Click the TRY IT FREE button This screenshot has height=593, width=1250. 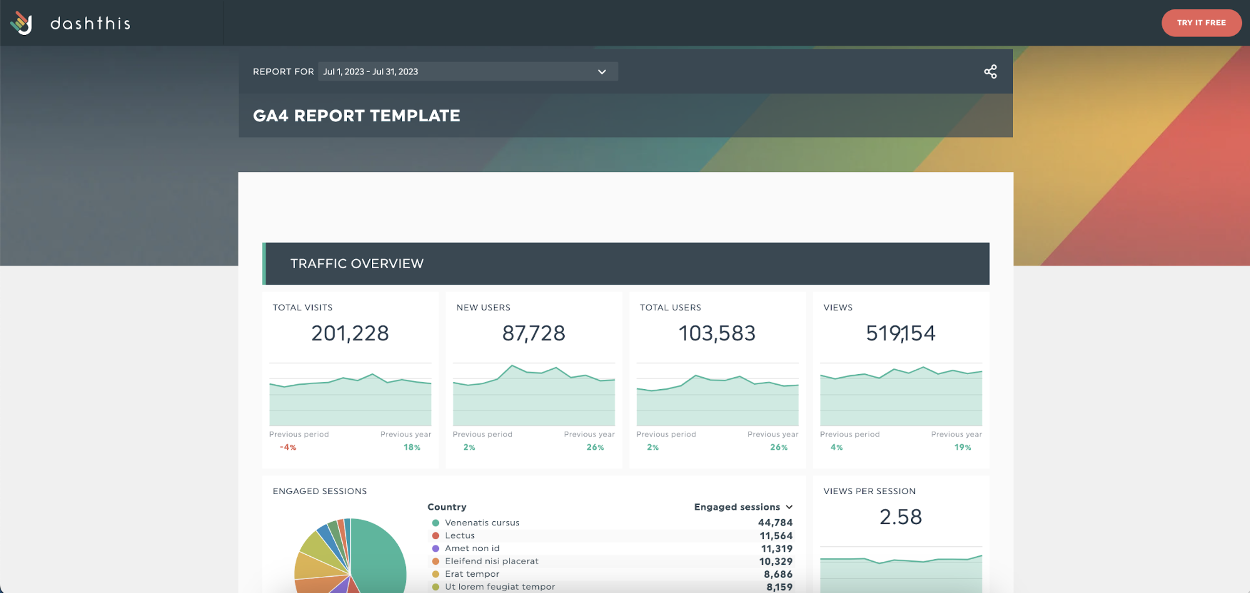click(x=1201, y=23)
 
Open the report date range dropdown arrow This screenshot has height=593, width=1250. click(x=602, y=71)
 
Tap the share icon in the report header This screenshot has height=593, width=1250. click(x=990, y=71)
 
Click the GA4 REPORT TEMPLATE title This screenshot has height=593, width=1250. click(x=356, y=116)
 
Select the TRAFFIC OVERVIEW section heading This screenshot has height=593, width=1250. click(x=356, y=263)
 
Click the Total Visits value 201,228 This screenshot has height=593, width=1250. click(x=350, y=333)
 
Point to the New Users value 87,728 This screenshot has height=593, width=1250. click(x=533, y=333)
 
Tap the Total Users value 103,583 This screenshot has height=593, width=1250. click(x=717, y=333)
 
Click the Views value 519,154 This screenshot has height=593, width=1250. click(x=900, y=333)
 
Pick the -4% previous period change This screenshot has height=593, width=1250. click(x=288, y=447)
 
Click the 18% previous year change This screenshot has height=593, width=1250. click(x=411, y=447)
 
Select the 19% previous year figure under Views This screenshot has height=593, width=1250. click(x=962, y=447)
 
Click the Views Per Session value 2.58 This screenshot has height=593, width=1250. click(x=900, y=517)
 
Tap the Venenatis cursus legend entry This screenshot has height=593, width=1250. click(x=481, y=522)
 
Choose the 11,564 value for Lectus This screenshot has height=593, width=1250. click(x=775, y=535)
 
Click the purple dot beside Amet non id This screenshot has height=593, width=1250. click(x=436, y=549)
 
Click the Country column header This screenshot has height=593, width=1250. click(x=446, y=507)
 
